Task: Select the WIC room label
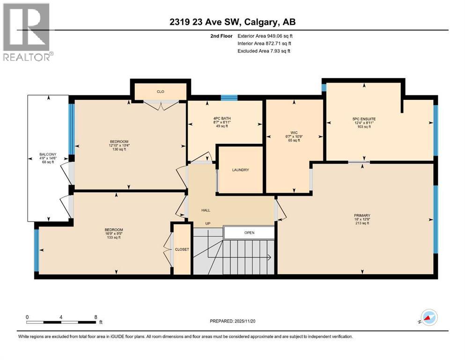pyautogui.click(x=294, y=133)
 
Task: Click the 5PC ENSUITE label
pyautogui.click(x=364, y=119)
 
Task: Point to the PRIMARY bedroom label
pyautogui.click(x=362, y=216)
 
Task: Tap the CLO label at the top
pyautogui.click(x=161, y=92)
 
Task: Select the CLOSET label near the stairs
pyautogui.click(x=182, y=249)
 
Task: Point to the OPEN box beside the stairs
pyautogui.click(x=249, y=232)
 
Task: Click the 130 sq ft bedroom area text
pyautogui.click(x=119, y=150)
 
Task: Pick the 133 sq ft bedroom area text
pyautogui.click(x=112, y=238)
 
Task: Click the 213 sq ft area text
pyautogui.click(x=362, y=224)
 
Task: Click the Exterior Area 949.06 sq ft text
pyautogui.click(x=267, y=36)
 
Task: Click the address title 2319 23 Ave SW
pyautogui.click(x=232, y=22)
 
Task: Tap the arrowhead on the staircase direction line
pyautogui.click(x=269, y=256)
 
